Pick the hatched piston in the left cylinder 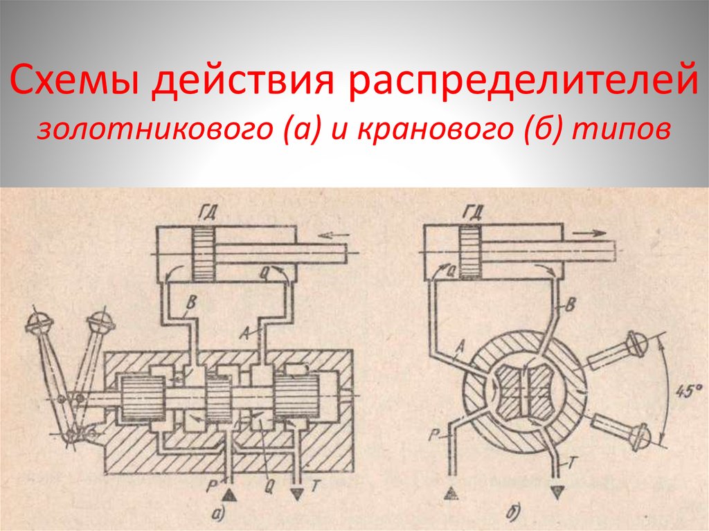pyautogui.click(x=205, y=254)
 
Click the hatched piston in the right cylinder pyautogui.click(x=472, y=254)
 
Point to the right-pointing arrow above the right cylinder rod pyautogui.click(x=593, y=233)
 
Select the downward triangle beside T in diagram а pyautogui.click(x=298, y=494)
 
